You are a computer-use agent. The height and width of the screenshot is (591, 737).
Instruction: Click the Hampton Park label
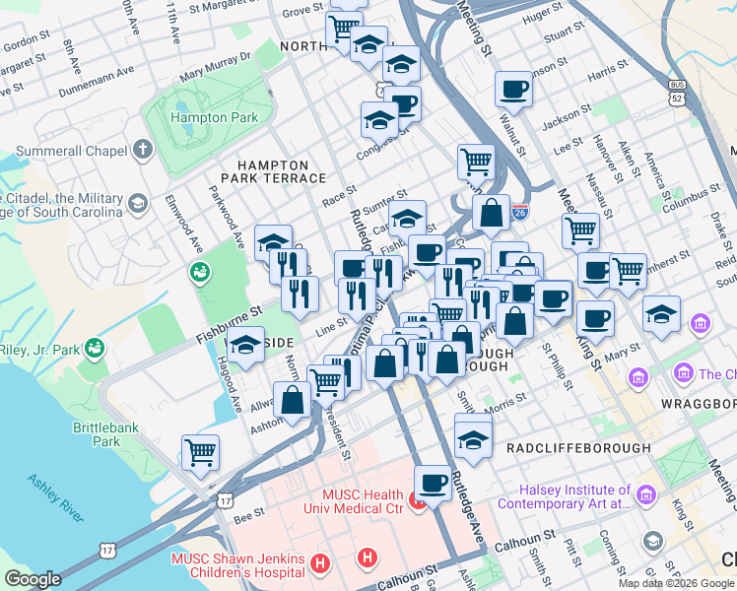pos(214,117)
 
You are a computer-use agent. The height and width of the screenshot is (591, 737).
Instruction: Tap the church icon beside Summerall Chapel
pos(143,151)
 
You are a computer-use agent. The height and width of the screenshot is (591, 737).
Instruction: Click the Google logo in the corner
pos(33,579)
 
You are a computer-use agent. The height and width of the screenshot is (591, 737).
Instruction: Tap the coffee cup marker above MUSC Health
pos(433,483)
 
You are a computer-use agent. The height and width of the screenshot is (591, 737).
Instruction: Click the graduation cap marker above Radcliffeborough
pos(474,435)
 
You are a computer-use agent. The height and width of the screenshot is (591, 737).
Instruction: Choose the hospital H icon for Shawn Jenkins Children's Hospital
pos(319,563)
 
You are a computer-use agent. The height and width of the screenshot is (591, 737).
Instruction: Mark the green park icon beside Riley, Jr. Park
pos(97,347)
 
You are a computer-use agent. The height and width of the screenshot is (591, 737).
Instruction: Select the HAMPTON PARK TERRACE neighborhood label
pos(280,171)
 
